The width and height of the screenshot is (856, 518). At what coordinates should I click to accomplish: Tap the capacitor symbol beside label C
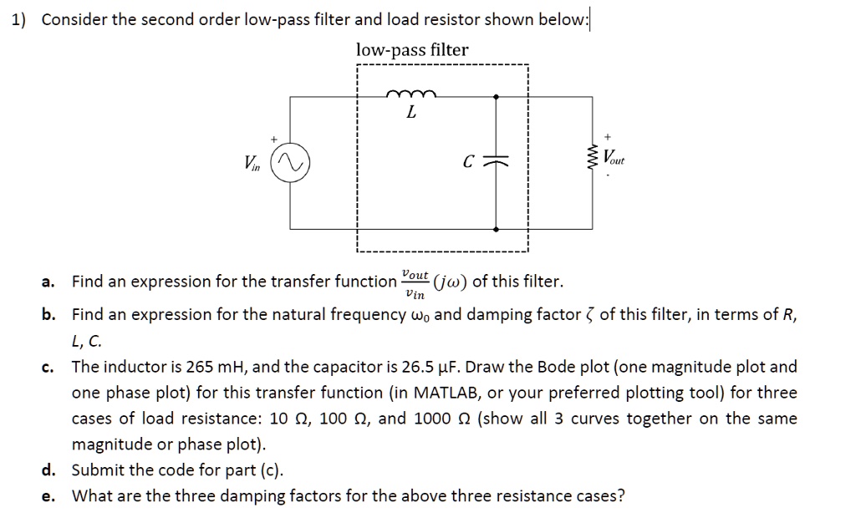pyautogui.click(x=497, y=163)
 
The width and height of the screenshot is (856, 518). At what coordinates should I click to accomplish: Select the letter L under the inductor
pyautogui.click(x=410, y=114)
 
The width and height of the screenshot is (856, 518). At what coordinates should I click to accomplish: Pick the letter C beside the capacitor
pyautogui.click(x=471, y=163)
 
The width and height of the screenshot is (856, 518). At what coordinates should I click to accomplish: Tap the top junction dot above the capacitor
pyautogui.click(x=497, y=96)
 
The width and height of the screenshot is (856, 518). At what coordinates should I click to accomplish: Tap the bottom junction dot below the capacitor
pyautogui.click(x=497, y=228)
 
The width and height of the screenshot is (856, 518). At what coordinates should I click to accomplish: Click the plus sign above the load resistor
pyautogui.click(x=608, y=134)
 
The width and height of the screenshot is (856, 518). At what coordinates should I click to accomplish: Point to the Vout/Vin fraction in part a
pyautogui.click(x=415, y=283)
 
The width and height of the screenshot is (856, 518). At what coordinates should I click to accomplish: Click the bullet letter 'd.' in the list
pyautogui.click(x=48, y=470)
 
